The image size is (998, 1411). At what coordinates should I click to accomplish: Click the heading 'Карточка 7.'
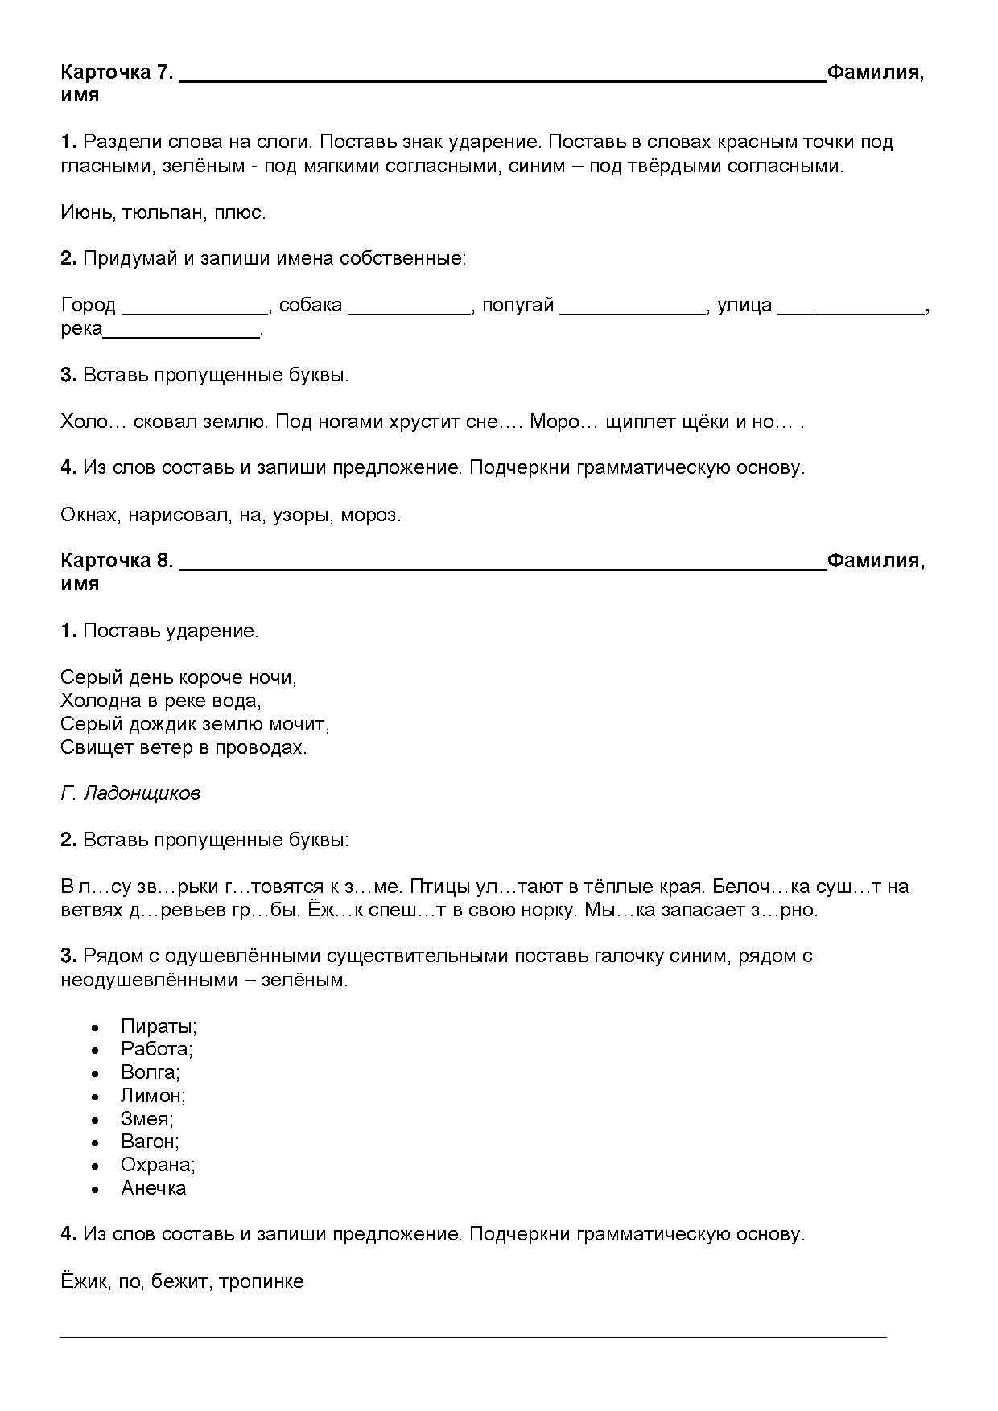117,72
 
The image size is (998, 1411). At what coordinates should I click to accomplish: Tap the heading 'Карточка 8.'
117,561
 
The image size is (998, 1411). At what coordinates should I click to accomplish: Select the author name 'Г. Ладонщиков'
130,793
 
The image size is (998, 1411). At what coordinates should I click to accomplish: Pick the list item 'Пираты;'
159,1026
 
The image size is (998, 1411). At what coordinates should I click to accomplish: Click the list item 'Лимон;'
153,1096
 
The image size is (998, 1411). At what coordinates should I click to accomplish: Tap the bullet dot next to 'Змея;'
96,1120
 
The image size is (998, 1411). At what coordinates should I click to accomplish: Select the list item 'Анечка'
154,1188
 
